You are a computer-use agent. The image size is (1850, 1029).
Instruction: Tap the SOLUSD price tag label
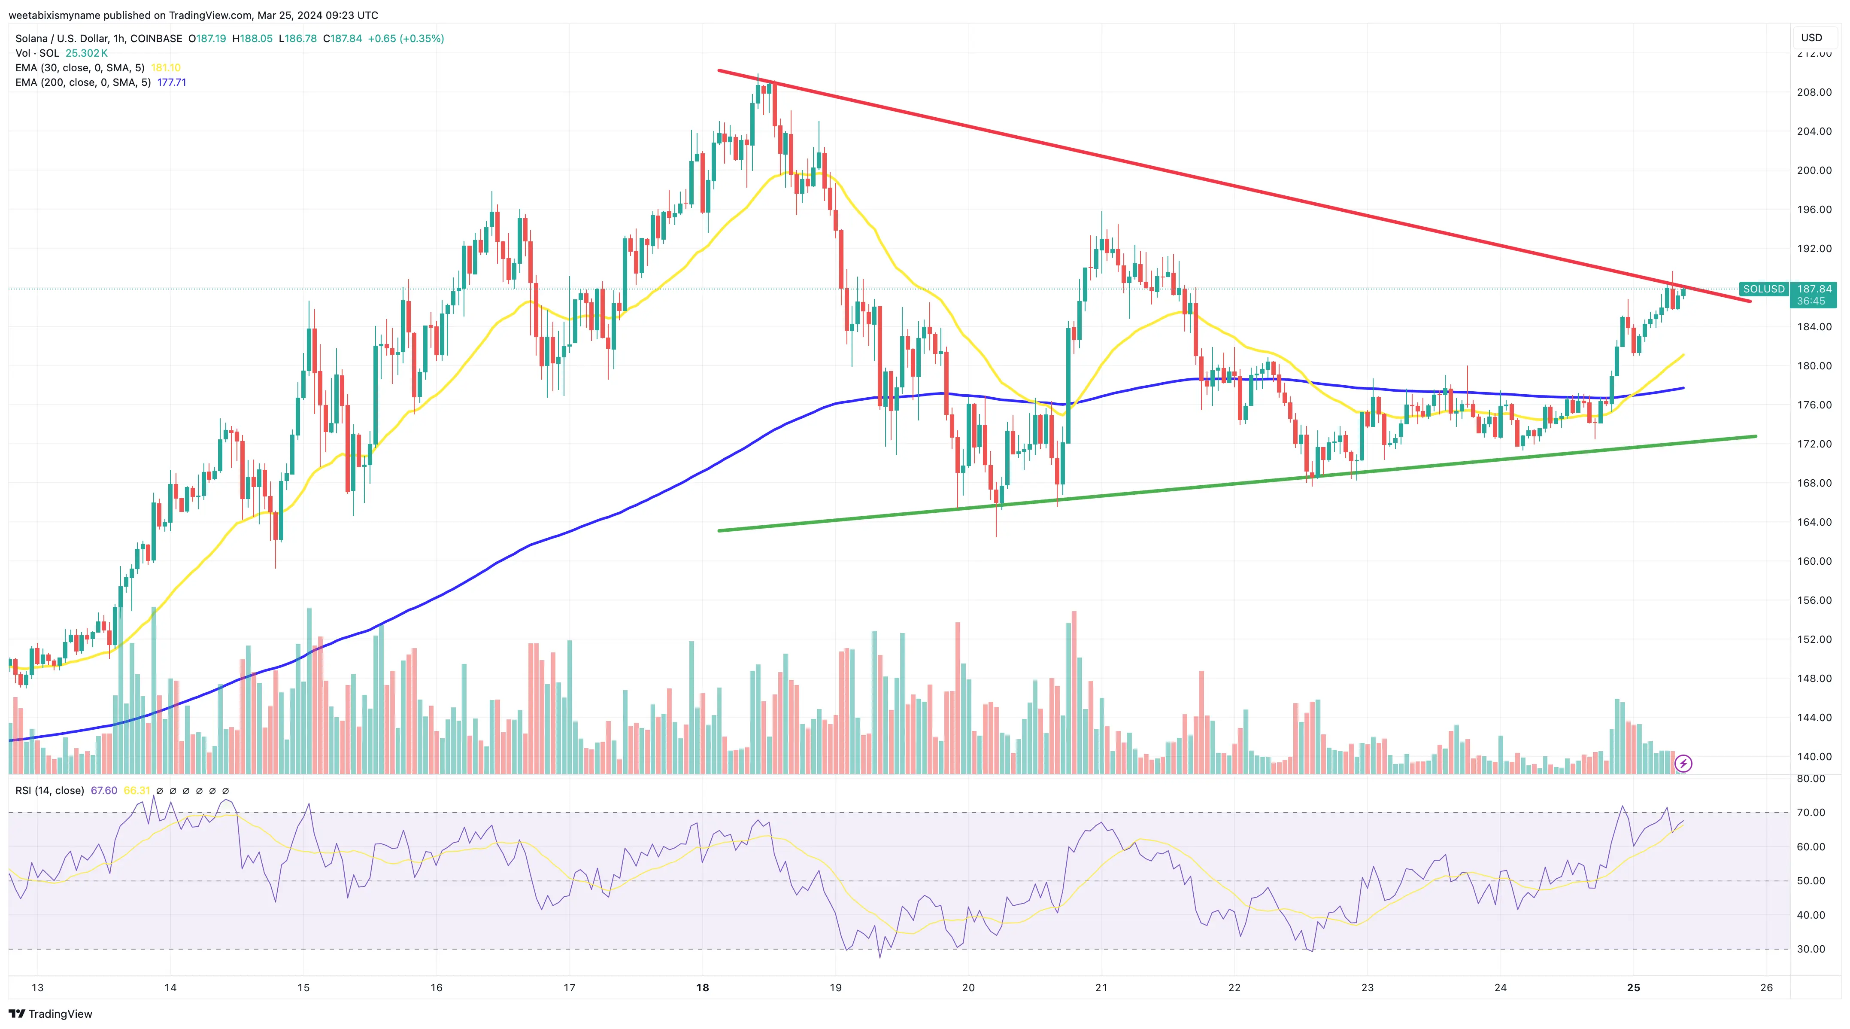(x=1763, y=289)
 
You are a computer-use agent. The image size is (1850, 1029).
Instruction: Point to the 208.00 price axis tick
(x=1814, y=92)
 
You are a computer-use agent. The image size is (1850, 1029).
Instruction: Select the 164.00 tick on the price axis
(x=1814, y=522)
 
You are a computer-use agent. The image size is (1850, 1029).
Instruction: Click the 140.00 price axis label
(x=1814, y=756)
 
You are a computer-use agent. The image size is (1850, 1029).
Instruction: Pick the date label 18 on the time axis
(x=702, y=987)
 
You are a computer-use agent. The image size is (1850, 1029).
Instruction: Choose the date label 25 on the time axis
(x=1633, y=987)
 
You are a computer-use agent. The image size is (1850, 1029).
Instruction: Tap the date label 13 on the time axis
(x=37, y=987)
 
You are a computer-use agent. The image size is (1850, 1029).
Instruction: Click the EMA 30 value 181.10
(x=166, y=67)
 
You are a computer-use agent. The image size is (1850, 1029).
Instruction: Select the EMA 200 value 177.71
(x=172, y=82)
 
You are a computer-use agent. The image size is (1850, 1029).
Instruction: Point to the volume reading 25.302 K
(x=86, y=53)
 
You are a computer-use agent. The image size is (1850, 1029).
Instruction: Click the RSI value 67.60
(x=104, y=791)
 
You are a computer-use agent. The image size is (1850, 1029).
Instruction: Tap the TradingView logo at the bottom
(x=51, y=1014)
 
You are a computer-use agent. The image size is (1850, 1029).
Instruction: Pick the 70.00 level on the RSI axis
(x=1811, y=813)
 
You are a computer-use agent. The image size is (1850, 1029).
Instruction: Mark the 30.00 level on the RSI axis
(x=1811, y=949)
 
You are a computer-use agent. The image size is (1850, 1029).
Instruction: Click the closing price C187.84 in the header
(x=343, y=39)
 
